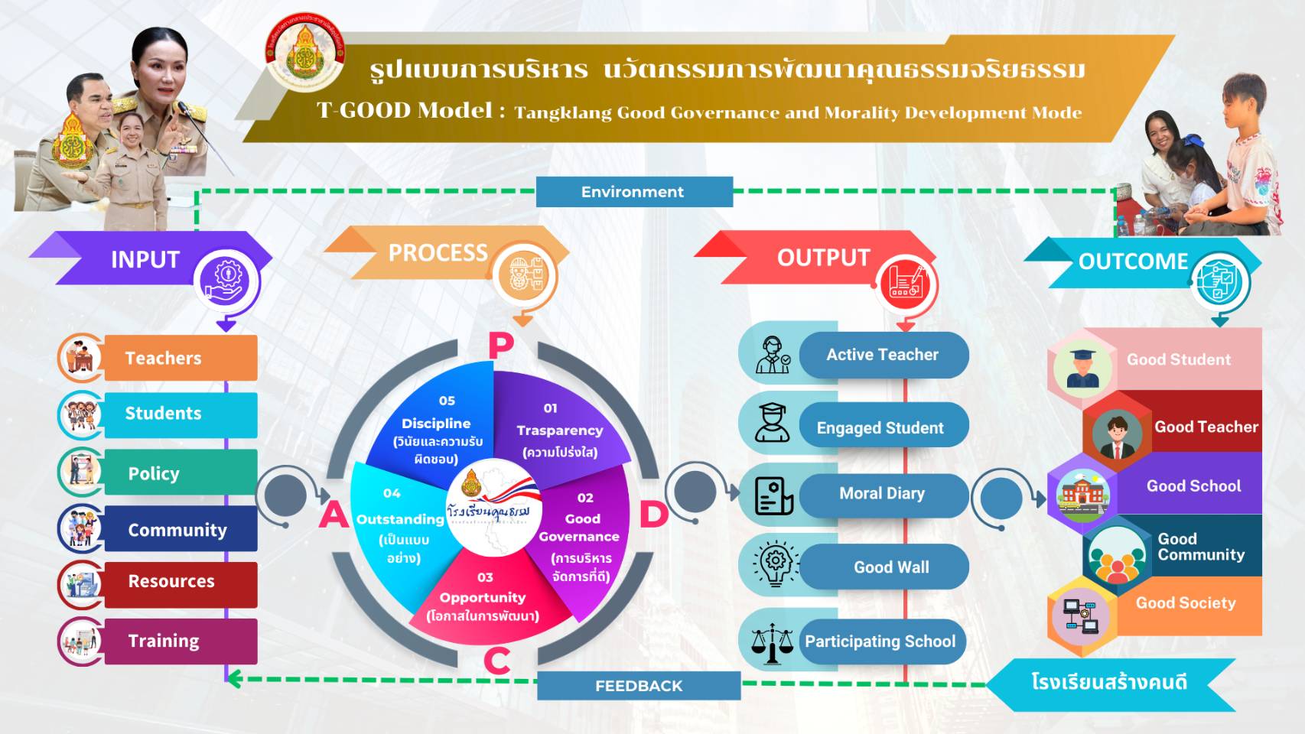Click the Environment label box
[x=633, y=192]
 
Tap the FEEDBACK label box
[x=639, y=686]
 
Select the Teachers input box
[x=180, y=358]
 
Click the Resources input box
[x=180, y=582]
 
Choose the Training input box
[x=180, y=641]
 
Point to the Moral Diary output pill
[x=883, y=494]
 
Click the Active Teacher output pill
[x=883, y=355]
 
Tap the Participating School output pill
[x=881, y=641]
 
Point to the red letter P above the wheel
[x=501, y=346]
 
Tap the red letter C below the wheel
[x=497, y=661]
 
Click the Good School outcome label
[x=1193, y=486]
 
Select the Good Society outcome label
[x=1186, y=603]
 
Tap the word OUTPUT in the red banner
[x=824, y=258]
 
